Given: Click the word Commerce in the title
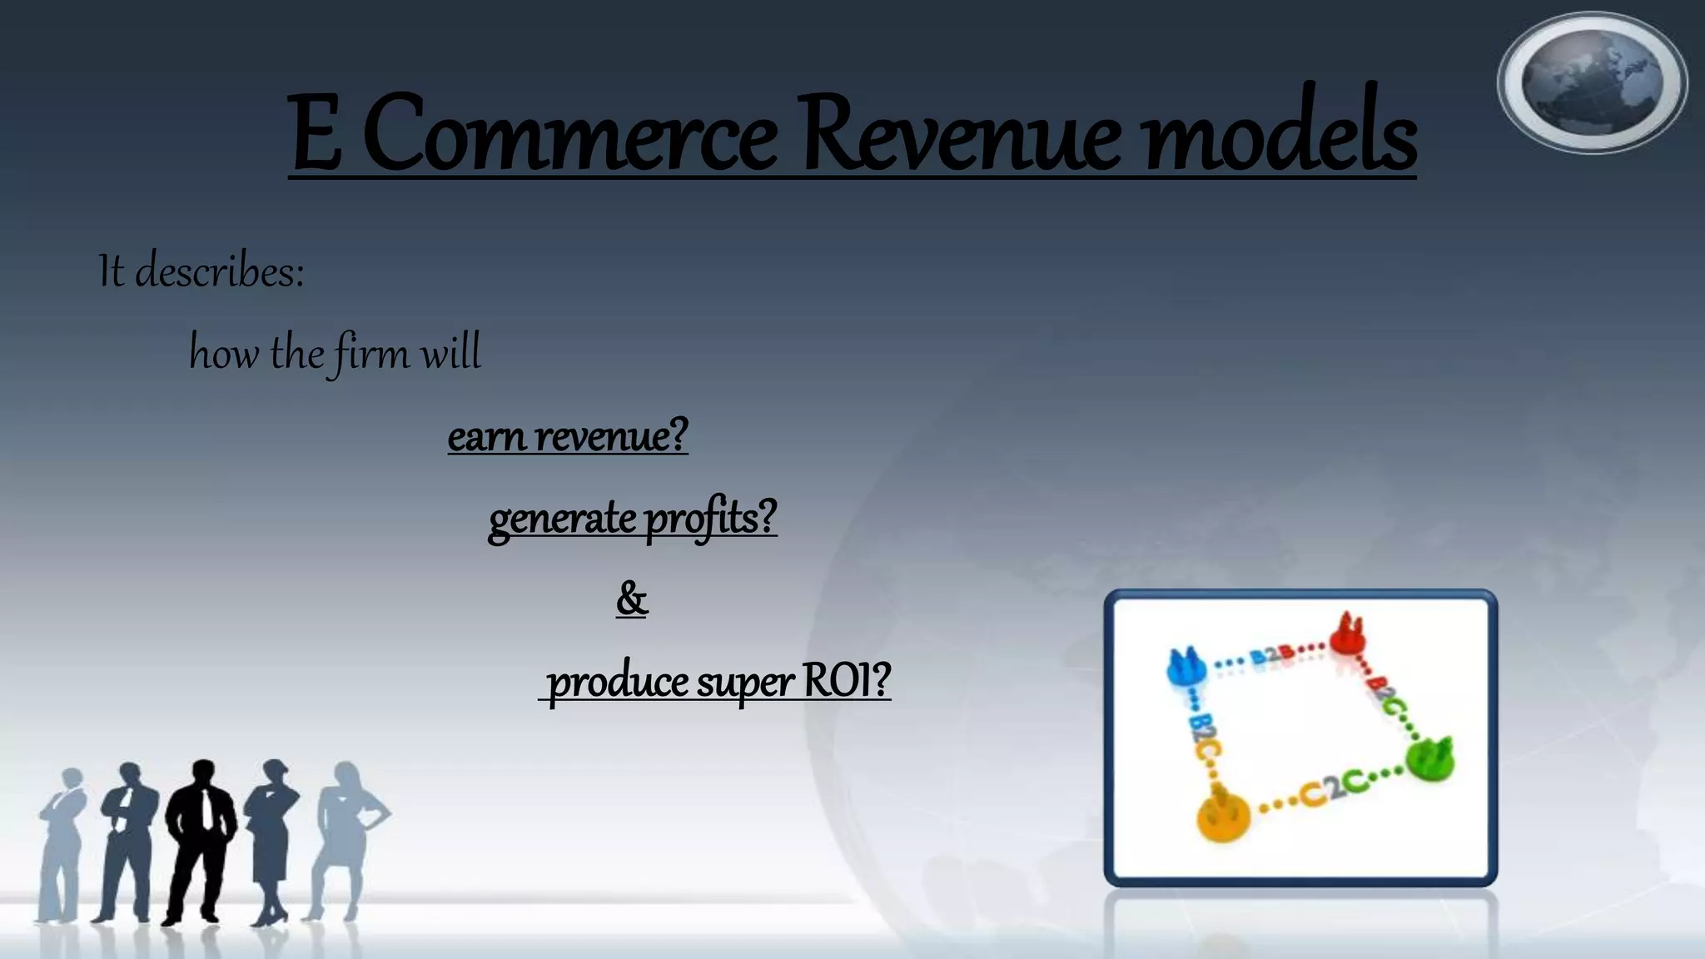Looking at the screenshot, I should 570,133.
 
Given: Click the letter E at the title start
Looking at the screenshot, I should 316,133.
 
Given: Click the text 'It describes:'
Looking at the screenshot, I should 201,271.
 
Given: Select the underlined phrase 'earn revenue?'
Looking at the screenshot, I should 568,435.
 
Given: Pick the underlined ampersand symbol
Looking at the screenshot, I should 632,599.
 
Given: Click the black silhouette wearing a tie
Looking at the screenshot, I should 201,841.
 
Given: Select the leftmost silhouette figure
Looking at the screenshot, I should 62,841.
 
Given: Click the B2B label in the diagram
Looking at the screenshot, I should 1271,657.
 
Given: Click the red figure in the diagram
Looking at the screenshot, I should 1345,634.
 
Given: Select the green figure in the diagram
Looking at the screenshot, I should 1430,758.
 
